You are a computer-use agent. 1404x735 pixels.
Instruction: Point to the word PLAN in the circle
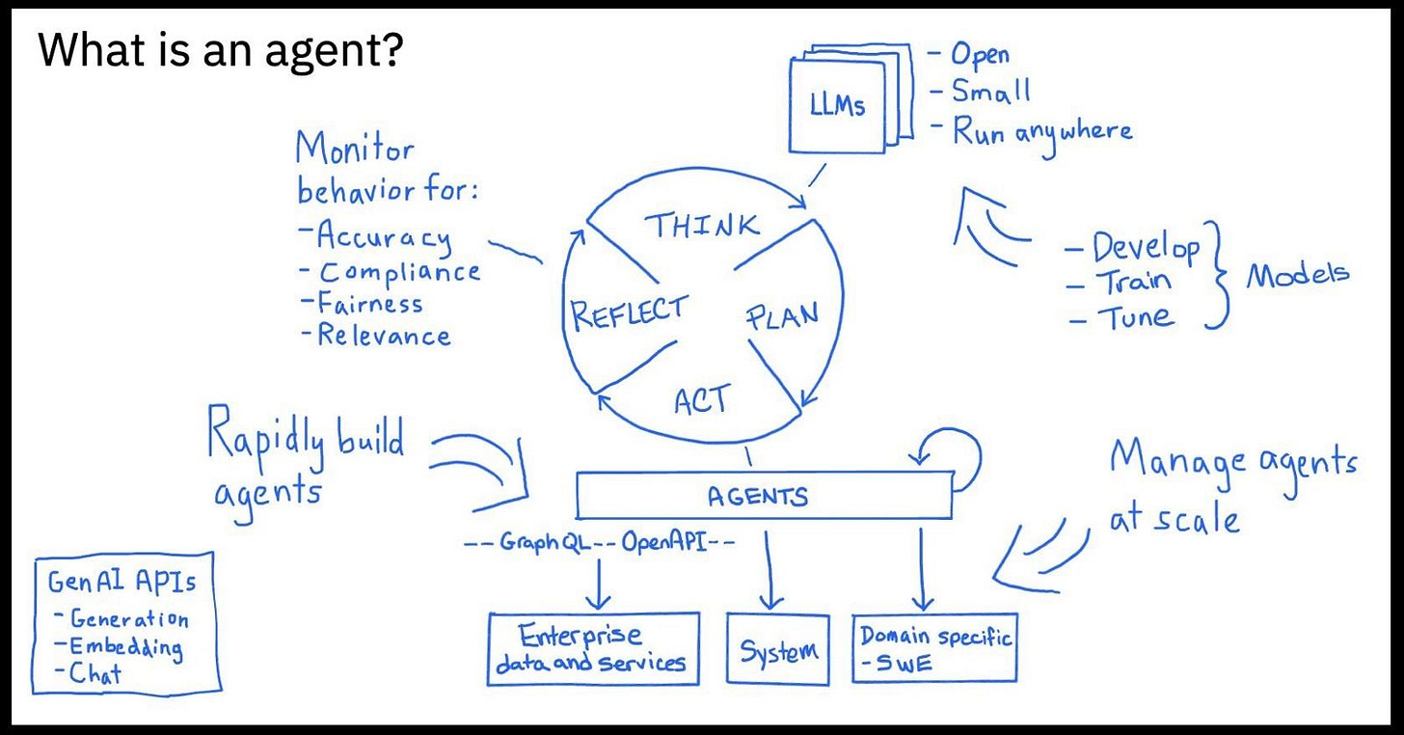[x=782, y=316]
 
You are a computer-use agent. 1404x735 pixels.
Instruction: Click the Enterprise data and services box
[x=593, y=648]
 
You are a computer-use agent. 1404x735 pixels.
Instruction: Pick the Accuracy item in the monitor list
[x=377, y=236]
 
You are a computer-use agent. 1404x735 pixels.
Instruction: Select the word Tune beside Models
[x=1125, y=315]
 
